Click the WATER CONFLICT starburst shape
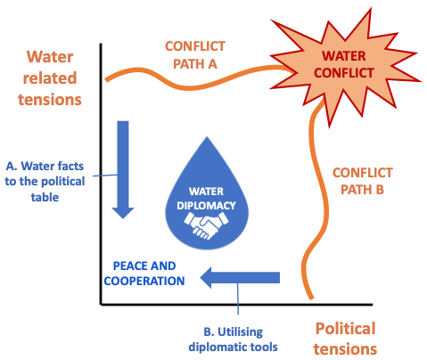coord(344,66)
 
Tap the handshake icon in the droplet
coord(206,225)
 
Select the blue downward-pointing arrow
coord(123,169)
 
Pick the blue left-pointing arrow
coord(240,277)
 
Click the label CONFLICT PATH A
coord(195,55)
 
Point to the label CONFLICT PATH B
coord(363,181)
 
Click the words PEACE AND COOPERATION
coord(144,274)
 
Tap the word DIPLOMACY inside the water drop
coord(206,206)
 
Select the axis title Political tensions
coord(345,339)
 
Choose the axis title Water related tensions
coord(50,78)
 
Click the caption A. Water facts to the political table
coord(45,181)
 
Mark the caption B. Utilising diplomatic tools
coord(234,340)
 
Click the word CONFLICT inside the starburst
coord(344,73)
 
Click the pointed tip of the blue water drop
coord(207,137)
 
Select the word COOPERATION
coord(144,281)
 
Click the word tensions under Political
coord(345,348)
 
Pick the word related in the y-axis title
coord(50,78)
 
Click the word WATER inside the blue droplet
coord(206,192)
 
